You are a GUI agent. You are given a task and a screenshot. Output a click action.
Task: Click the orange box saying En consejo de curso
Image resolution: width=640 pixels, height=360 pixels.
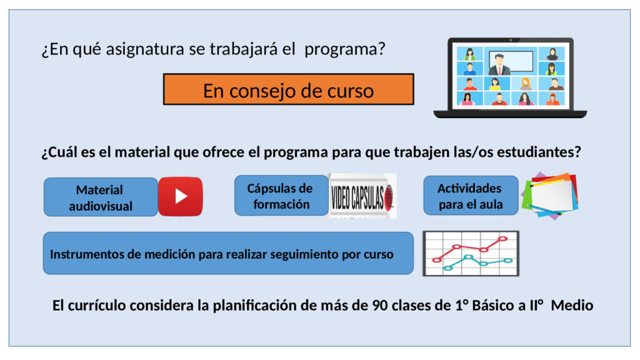point(289,89)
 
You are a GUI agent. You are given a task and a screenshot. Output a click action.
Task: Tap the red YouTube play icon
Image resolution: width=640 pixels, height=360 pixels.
point(181,196)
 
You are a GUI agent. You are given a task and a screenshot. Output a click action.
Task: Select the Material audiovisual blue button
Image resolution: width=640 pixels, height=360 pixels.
point(101,197)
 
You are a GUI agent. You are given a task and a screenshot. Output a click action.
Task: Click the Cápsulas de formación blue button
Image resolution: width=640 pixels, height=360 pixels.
point(281,196)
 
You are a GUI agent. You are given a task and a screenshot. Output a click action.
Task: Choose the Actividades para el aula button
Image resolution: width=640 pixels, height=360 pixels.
point(471,196)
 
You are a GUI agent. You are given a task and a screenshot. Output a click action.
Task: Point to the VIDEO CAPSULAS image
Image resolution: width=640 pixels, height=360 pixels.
point(362,196)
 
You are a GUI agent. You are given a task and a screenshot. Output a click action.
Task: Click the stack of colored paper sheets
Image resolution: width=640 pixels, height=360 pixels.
point(550,196)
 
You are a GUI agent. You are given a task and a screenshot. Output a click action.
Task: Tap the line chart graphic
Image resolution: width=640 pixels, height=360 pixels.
point(471,254)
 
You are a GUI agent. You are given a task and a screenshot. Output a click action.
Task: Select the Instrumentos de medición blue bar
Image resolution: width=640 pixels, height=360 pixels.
point(228,253)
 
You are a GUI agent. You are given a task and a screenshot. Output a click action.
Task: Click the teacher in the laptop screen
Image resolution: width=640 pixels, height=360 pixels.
point(499,64)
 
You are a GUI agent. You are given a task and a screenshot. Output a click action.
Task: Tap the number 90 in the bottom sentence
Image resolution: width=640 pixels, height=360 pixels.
point(379,305)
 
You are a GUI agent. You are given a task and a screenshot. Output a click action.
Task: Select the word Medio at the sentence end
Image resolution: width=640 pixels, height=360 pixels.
point(572,305)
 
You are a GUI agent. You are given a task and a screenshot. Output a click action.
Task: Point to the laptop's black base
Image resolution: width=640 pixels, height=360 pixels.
point(510,114)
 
